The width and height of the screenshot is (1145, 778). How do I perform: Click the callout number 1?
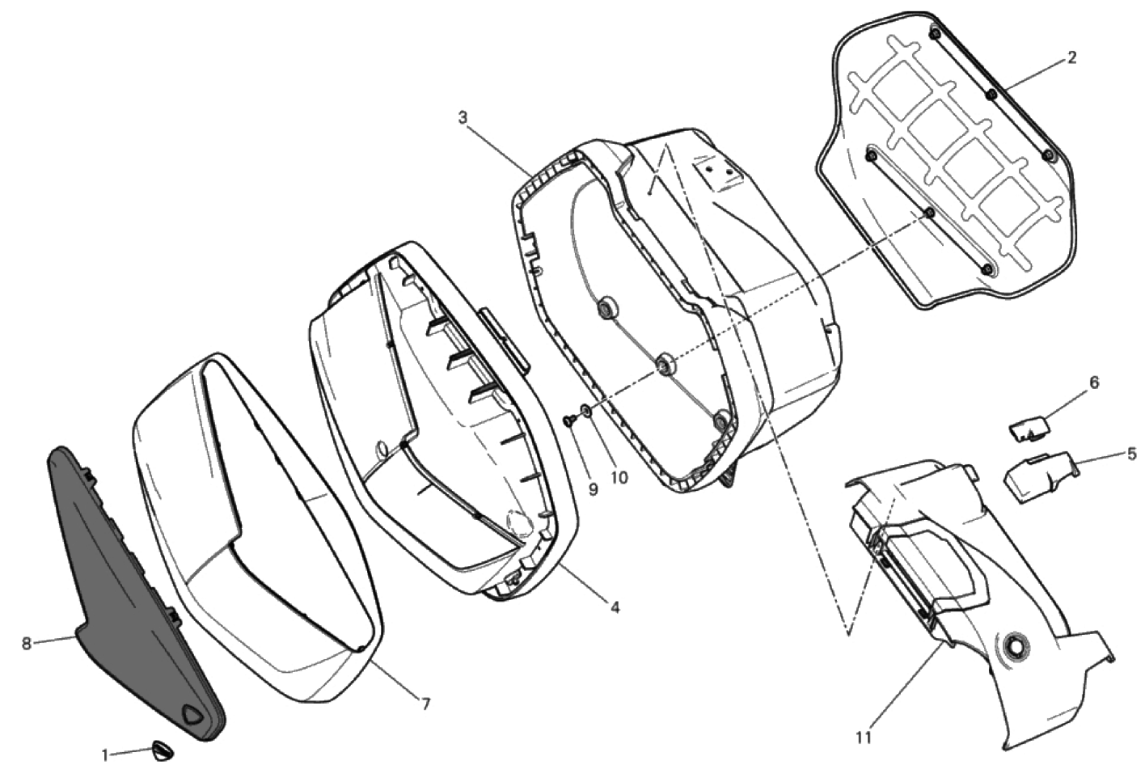click(105, 755)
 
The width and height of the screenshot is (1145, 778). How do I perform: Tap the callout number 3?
click(463, 117)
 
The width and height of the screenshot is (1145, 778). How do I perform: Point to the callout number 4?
click(615, 607)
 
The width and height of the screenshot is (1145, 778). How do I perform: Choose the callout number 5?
click(1131, 454)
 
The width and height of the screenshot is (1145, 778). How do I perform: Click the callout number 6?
click(1093, 383)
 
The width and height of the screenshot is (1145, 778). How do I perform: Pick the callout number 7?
click(426, 704)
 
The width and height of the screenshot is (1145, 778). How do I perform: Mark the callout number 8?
click(27, 643)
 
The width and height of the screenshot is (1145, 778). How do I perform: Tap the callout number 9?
click(593, 490)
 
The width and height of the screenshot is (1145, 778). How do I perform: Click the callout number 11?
click(863, 738)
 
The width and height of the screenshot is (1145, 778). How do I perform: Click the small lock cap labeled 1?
click(161, 752)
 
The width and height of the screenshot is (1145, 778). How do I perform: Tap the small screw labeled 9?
click(569, 420)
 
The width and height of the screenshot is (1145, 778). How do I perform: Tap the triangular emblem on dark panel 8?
click(193, 715)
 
